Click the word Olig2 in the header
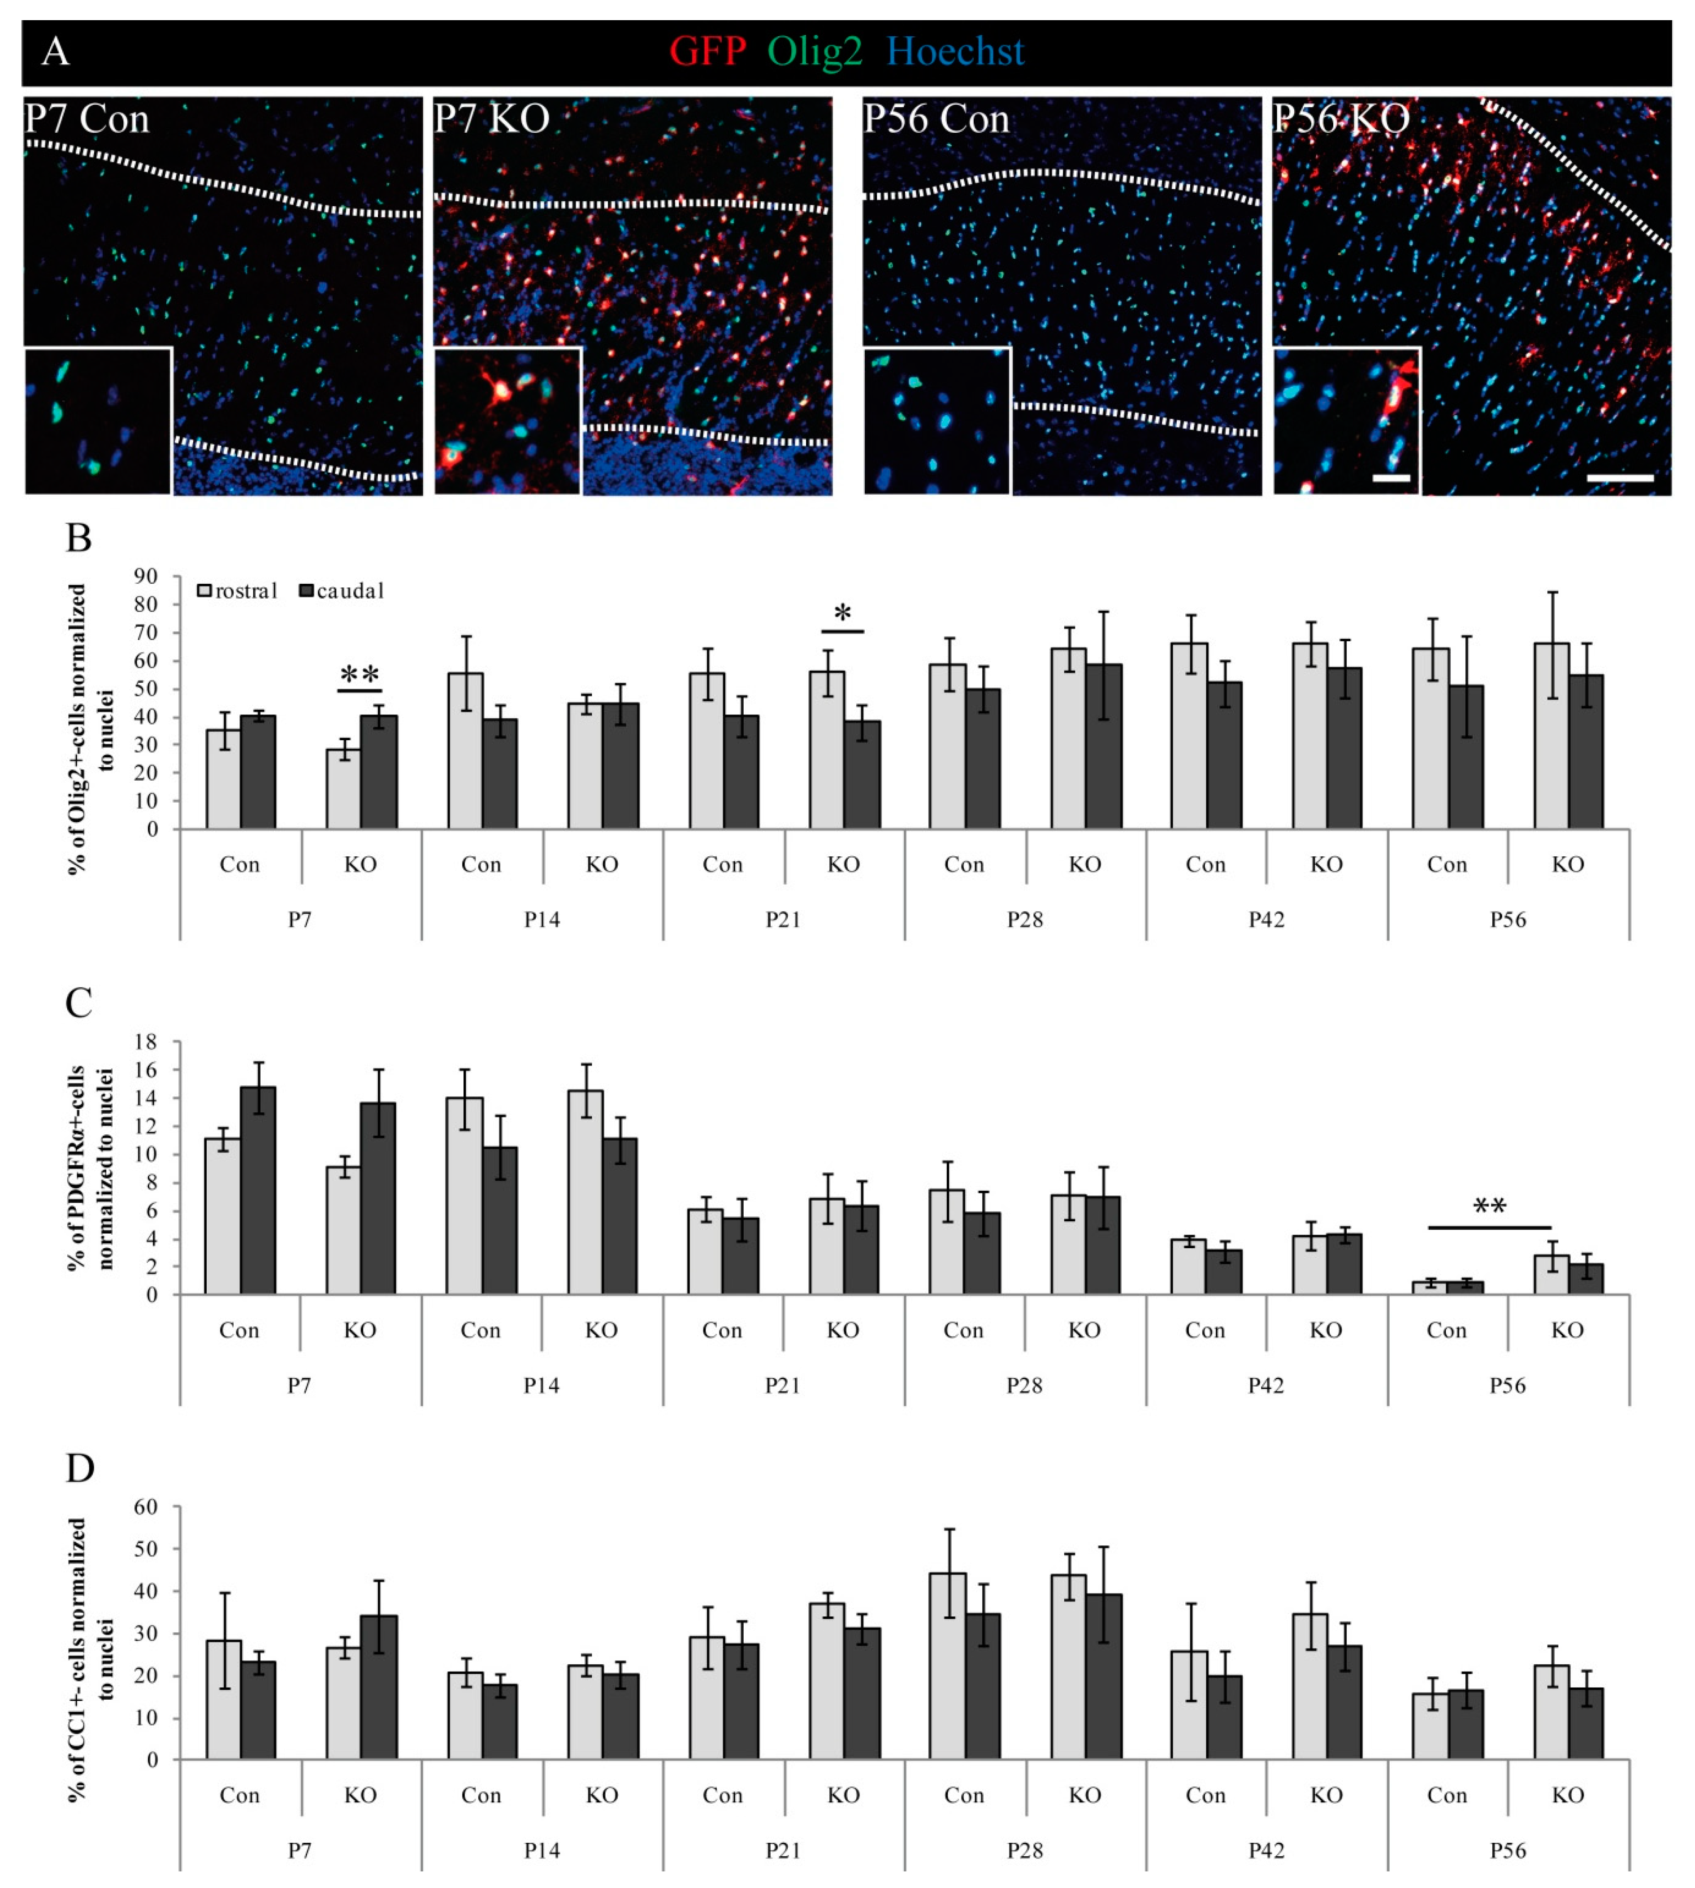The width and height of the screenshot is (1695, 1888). [x=815, y=51]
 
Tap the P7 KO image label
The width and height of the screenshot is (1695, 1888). [x=492, y=119]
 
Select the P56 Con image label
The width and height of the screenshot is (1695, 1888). [x=936, y=119]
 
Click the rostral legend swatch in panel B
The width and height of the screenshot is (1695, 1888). [x=205, y=590]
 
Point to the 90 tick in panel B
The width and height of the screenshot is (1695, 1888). [x=146, y=577]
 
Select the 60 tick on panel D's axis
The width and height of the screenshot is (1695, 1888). [x=146, y=1506]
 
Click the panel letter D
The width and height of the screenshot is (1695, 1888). [x=80, y=1468]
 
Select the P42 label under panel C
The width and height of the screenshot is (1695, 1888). [x=1266, y=1386]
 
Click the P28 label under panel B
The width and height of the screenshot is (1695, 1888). [x=1024, y=920]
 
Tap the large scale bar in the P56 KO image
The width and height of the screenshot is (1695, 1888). [x=1620, y=478]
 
